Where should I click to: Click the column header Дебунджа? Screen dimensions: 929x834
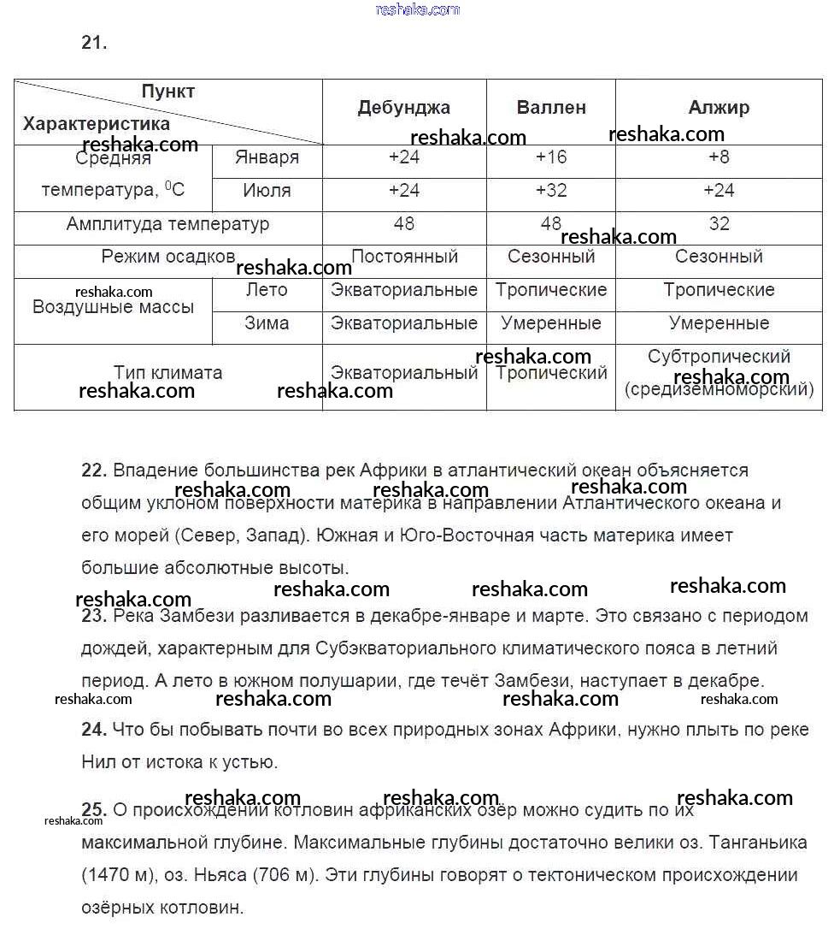point(403,108)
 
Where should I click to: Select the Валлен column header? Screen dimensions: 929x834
point(551,108)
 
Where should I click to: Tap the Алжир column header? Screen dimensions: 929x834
point(719,108)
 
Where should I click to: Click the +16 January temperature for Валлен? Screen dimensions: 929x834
point(551,157)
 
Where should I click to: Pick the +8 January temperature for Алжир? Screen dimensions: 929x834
point(719,157)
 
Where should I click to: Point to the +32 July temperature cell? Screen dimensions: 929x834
point(551,191)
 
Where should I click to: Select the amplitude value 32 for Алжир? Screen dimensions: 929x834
point(719,224)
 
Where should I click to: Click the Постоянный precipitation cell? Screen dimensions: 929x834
point(404,257)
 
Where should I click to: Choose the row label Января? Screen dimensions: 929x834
point(267,157)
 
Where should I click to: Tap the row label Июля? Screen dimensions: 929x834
point(267,191)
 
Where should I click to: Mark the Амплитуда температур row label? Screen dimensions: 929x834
point(167,224)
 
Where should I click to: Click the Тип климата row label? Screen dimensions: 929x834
point(167,373)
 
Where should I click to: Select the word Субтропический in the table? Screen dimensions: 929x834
point(719,357)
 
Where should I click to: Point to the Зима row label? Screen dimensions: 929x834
point(267,323)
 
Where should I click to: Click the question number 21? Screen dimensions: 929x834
point(94,43)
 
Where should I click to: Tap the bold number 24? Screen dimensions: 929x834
point(93,730)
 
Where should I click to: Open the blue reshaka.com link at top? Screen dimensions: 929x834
point(417,9)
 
